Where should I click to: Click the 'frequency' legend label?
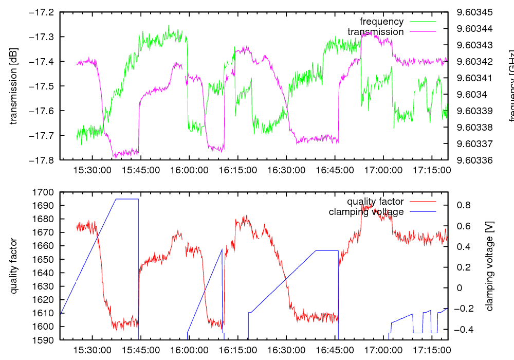coord(381,22)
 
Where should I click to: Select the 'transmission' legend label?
coord(376,32)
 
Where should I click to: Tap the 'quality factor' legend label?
coord(376,202)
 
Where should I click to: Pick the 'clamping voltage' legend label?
coord(366,212)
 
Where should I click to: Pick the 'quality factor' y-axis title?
coord(14,266)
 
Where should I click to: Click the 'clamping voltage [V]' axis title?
coord(490,266)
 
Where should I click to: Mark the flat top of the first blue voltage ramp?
coord(127,199)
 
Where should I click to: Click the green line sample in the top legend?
coord(422,22)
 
